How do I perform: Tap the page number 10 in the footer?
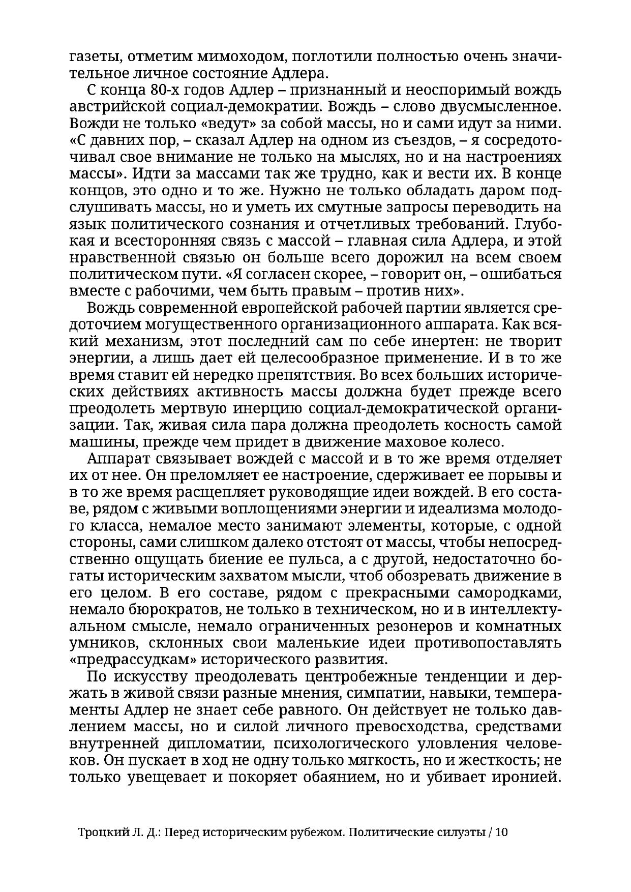[x=502, y=832]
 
